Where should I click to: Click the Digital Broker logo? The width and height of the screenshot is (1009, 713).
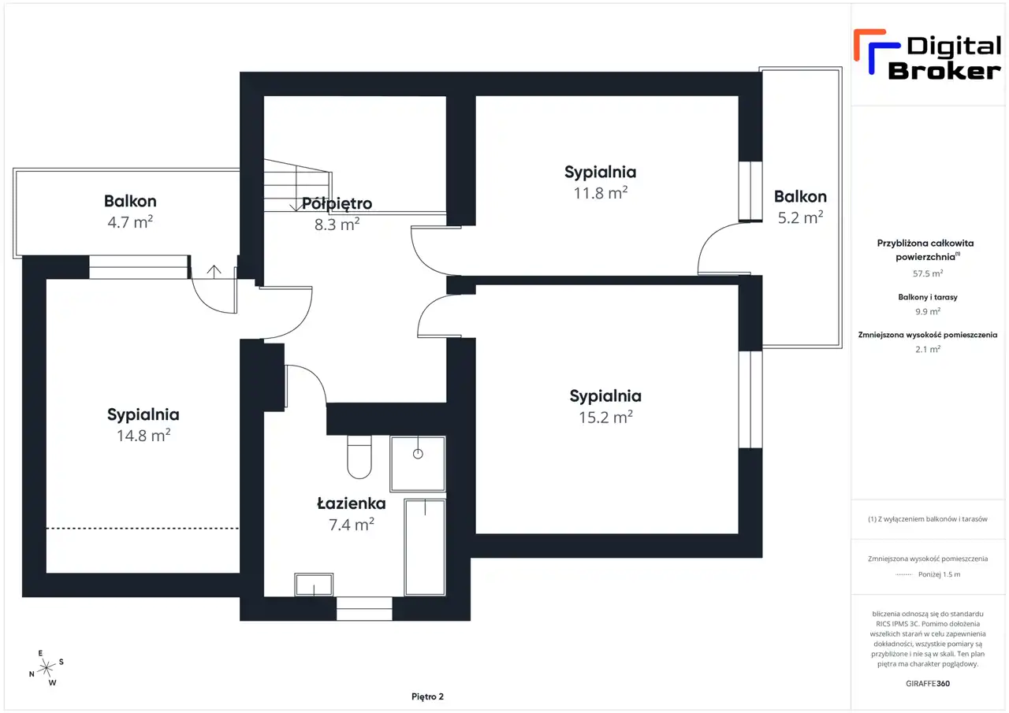(x=927, y=56)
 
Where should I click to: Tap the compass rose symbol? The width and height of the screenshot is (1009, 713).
(x=46, y=668)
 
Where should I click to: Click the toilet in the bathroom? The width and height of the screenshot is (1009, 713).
(x=359, y=456)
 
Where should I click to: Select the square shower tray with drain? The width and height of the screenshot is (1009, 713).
(x=418, y=463)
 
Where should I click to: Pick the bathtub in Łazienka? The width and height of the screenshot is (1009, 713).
(x=425, y=547)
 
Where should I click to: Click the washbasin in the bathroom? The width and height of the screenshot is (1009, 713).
(x=314, y=585)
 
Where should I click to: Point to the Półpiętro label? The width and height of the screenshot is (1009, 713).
(x=337, y=203)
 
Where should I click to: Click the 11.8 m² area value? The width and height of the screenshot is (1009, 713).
(x=601, y=193)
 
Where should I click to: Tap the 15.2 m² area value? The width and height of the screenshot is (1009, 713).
(x=605, y=417)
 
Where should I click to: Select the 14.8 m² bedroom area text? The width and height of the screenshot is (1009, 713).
(x=143, y=435)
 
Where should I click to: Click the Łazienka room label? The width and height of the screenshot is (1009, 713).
(x=352, y=503)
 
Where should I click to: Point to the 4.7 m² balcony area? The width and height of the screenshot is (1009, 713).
(x=130, y=222)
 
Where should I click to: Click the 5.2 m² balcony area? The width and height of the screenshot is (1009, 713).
(x=800, y=217)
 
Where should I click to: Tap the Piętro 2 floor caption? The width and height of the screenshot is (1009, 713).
(x=427, y=696)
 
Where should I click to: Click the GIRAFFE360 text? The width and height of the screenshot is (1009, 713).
(x=928, y=683)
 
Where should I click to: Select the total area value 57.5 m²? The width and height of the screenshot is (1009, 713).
(x=928, y=273)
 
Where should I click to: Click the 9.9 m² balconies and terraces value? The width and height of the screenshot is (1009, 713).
(x=928, y=311)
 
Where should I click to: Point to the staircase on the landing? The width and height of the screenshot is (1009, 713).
(x=297, y=185)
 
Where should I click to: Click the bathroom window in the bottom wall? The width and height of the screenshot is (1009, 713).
(x=364, y=608)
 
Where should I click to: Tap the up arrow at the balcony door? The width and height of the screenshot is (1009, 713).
(x=214, y=271)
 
